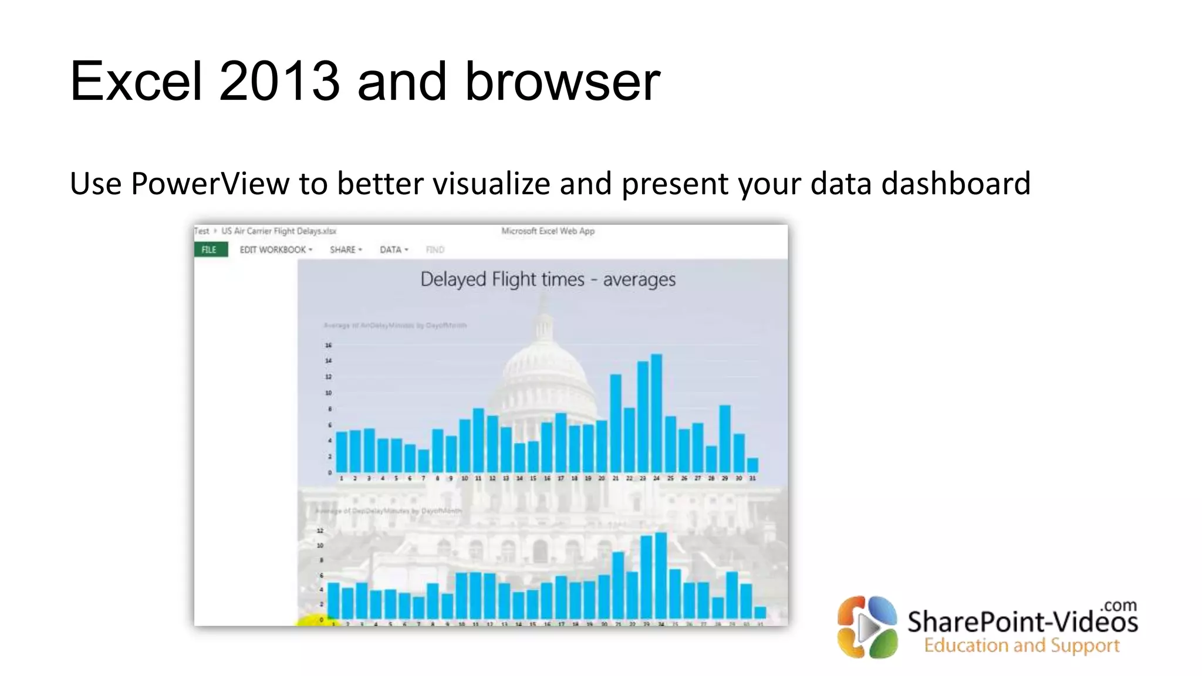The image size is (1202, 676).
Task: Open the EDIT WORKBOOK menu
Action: point(275,249)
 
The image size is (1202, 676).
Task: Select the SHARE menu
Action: point(346,249)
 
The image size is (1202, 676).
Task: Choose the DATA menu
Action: point(393,249)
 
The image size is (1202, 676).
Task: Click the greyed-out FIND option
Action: point(435,249)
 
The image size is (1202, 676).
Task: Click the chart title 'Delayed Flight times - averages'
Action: point(548,279)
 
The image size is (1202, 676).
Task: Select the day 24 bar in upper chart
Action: point(657,413)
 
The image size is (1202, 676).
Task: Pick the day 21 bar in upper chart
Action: point(616,423)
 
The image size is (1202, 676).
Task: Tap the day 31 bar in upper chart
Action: point(752,465)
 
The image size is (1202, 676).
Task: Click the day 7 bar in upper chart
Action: point(423,461)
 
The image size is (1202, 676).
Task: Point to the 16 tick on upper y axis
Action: point(328,345)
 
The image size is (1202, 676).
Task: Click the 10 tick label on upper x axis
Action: point(464,479)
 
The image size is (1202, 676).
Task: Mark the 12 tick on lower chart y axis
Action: point(320,530)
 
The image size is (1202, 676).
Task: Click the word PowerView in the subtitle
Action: point(210,184)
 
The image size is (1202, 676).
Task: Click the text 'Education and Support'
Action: point(1022,645)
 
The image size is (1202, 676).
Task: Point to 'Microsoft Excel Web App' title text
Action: point(548,231)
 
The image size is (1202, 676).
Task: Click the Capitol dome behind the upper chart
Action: point(543,364)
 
